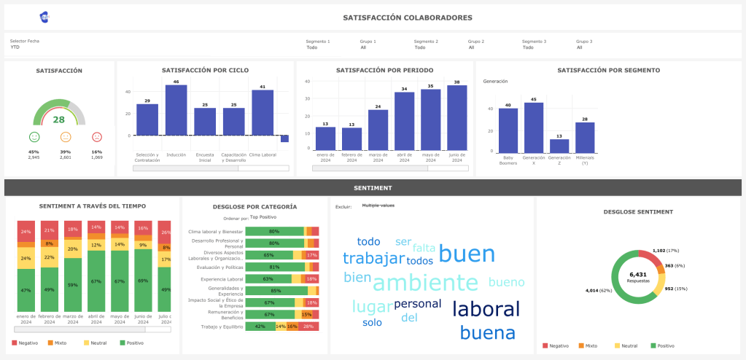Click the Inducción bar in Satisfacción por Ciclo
[x=176, y=110]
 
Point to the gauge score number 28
[x=59, y=120]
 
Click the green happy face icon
[x=34, y=137]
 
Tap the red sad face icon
[x=97, y=137]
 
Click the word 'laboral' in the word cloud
[x=486, y=308]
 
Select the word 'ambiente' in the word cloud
[x=430, y=282]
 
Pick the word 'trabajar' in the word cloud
[x=373, y=258]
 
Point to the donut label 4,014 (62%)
[x=598, y=290]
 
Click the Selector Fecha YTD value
[x=15, y=47]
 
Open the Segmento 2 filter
[x=420, y=47]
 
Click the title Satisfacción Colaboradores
[x=408, y=17]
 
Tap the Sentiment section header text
[x=373, y=187]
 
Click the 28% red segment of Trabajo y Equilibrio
[x=308, y=326]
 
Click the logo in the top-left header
[x=44, y=17]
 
